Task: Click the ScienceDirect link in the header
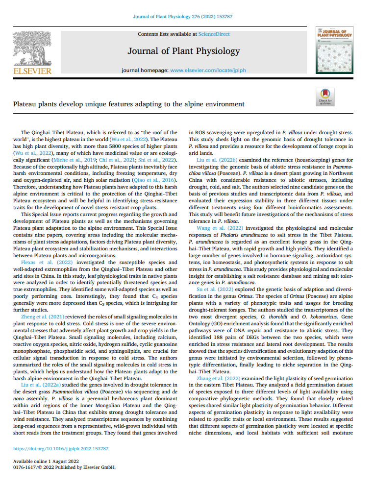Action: [x=214, y=34]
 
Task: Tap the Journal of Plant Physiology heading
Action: [x=183, y=51]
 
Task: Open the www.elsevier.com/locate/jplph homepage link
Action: [x=208, y=70]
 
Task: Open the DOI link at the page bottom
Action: [x=61, y=448]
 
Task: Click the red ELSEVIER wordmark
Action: [x=32, y=71]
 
